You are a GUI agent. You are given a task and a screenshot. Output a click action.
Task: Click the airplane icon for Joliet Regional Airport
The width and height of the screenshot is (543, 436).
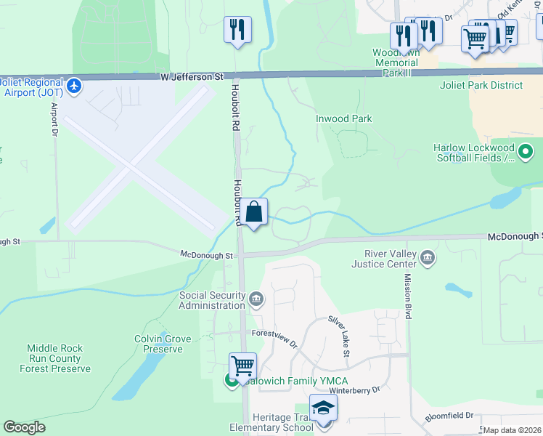[x=73, y=86]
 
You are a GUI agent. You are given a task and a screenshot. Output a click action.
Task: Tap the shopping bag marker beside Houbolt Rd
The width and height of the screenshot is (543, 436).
[x=254, y=213]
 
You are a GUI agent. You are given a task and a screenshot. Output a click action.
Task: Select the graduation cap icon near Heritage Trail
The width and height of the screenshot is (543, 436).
[x=323, y=408]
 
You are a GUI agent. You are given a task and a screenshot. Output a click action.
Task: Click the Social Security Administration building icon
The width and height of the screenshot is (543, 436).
[x=256, y=299]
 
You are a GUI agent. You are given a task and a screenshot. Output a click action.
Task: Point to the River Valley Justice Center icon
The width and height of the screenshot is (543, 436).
[x=428, y=257]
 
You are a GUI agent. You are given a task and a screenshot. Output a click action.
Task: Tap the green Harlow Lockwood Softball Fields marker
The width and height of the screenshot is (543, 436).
[x=526, y=152]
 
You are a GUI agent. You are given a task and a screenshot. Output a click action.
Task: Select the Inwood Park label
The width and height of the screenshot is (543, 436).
[x=343, y=118]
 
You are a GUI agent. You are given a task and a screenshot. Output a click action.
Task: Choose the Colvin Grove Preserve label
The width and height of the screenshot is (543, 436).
[x=163, y=344]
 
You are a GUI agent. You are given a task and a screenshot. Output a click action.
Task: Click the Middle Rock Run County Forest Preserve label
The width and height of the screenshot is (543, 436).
[x=55, y=358]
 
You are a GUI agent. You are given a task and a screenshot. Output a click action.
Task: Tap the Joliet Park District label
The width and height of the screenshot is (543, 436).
[x=481, y=85]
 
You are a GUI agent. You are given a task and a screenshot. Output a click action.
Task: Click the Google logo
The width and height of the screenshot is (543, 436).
[x=24, y=427]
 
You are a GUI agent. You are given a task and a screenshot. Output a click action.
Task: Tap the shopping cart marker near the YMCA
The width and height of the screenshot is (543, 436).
[x=242, y=365]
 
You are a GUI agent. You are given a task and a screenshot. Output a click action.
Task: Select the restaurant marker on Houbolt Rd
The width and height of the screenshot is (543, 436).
[x=237, y=30]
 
